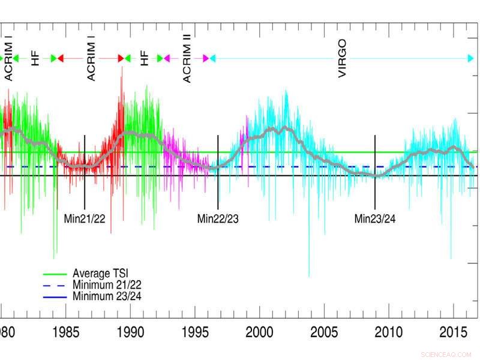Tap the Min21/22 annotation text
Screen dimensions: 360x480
point(85,218)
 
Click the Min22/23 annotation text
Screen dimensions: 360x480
point(218,218)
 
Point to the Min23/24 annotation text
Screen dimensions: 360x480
point(375,218)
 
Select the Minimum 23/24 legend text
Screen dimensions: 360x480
point(107,296)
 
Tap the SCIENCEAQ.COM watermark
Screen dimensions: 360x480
point(447,355)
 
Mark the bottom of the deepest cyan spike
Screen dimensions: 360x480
point(309,277)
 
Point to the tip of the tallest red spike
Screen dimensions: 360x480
point(122,67)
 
